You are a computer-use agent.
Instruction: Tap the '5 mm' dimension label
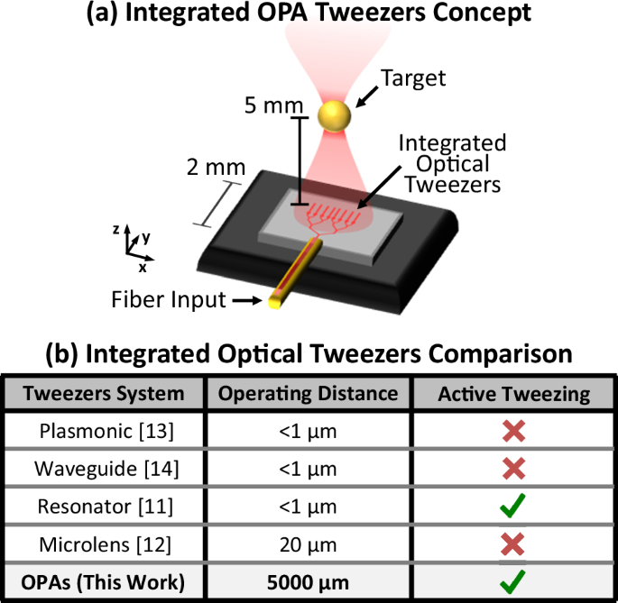[x=273, y=105]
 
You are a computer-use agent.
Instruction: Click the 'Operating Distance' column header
[x=309, y=394]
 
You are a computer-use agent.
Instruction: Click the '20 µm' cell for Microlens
[x=309, y=544]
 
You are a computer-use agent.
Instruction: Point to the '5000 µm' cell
[x=309, y=582]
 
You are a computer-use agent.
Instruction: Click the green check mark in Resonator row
[x=512, y=507]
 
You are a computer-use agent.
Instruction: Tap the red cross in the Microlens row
[x=512, y=544]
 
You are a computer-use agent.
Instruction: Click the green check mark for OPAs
[x=512, y=582]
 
